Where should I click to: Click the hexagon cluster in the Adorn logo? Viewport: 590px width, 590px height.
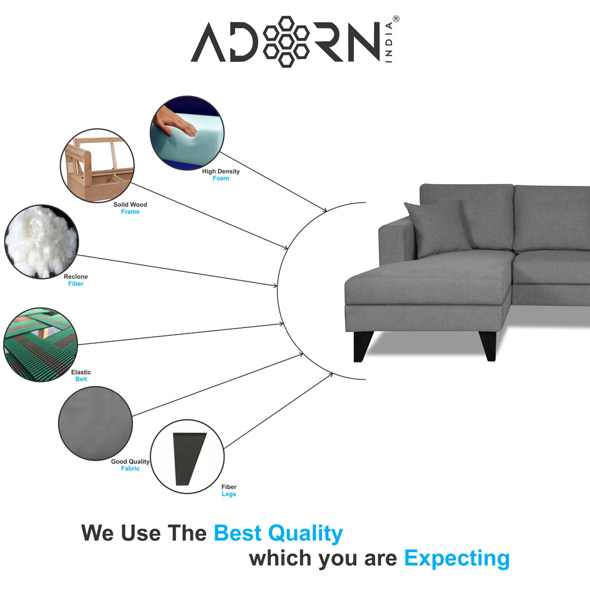[286, 41]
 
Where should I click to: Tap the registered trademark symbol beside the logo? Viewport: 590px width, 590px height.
[396, 19]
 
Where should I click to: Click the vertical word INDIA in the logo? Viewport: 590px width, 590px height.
[389, 42]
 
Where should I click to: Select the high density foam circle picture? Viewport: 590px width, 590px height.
[187, 132]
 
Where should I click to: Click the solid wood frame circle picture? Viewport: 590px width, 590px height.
[97, 166]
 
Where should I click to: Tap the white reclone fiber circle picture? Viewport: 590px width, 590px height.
[41, 241]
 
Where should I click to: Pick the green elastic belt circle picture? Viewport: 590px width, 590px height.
[41, 345]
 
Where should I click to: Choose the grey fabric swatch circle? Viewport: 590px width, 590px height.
[96, 423]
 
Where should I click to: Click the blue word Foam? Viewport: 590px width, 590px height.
[221, 178]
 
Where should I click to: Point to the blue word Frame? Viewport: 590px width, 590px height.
[130, 212]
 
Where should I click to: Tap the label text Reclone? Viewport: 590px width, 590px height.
[76, 277]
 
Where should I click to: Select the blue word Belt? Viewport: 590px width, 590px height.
[81, 379]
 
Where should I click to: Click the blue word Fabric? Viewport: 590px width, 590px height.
[130, 468]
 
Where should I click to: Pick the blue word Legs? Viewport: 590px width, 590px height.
[229, 494]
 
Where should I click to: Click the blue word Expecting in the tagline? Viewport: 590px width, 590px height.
[457, 559]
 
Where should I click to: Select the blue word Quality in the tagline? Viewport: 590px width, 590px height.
[305, 533]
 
